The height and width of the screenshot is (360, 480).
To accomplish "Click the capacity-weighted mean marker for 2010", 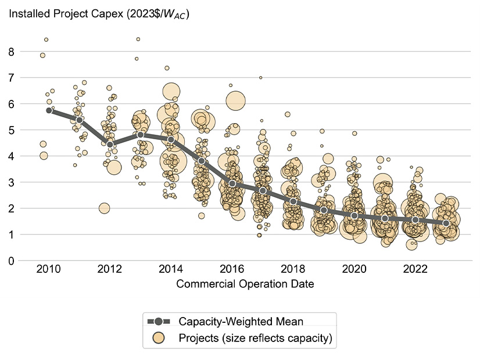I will coord(49,110).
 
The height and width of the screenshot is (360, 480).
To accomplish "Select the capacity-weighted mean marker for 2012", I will coord(110,144).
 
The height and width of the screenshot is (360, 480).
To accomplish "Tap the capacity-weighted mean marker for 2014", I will coord(171,139).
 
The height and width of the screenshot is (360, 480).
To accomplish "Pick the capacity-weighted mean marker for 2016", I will coord(232,183).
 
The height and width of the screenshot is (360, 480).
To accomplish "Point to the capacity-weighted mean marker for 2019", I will coord(324,210).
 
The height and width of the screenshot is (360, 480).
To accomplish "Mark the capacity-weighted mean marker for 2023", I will coord(446,224).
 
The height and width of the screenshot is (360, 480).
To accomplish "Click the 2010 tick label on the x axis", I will coord(49,270).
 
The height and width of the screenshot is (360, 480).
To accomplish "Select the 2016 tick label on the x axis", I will coord(232,270).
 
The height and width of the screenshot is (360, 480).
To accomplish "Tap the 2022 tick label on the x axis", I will coord(415,270).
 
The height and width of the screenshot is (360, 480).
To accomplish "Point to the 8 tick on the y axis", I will coord(10,51).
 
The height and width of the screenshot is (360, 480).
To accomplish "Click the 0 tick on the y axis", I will coord(10,261).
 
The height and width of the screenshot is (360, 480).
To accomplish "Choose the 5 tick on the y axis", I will coord(10,130).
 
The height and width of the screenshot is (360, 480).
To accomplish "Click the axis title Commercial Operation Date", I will coord(246,284).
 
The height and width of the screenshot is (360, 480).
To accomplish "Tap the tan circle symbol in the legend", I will coord(159,338).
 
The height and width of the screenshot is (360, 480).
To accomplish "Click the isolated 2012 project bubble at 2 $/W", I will coord(105,208).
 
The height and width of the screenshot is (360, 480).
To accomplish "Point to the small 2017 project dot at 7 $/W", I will coord(261,77).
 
